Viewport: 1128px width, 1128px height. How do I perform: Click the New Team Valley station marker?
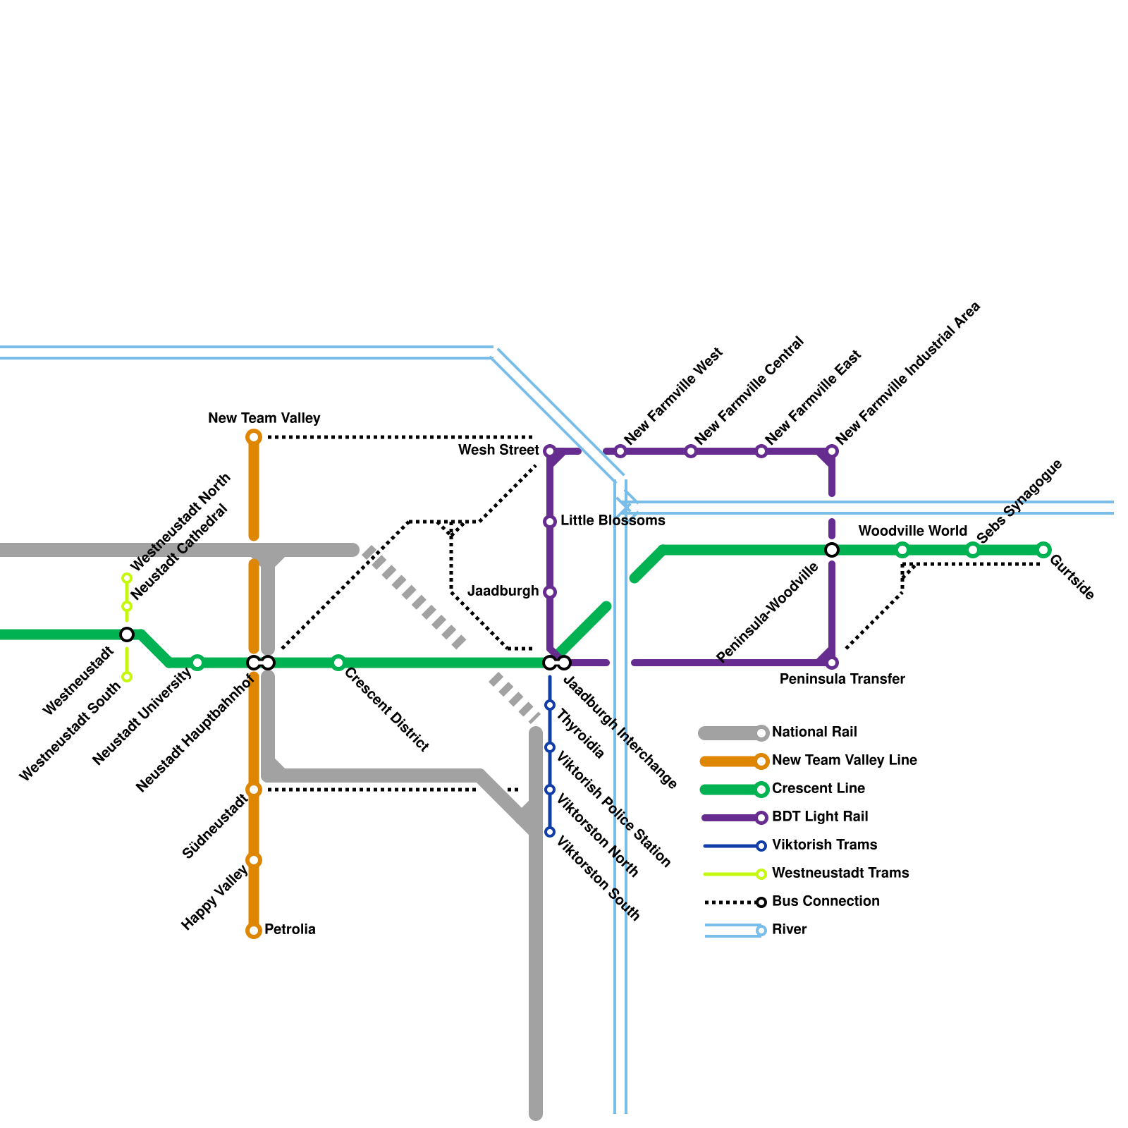(x=254, y=437)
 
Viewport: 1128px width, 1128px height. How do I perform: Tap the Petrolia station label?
(x=290, y=929)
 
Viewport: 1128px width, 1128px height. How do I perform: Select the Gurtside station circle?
(x=1043, y=550)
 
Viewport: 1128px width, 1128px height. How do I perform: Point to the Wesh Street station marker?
(x=550, y=451)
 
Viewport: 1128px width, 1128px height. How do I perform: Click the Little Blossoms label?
(x=613, y=520)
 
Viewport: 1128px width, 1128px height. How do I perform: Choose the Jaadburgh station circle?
(x=550, y=592)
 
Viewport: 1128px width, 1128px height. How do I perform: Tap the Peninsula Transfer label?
(x=842, y=679)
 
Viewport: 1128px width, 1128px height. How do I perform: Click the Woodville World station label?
(x=912, y=531)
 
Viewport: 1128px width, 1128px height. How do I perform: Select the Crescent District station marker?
(x=338, y=663)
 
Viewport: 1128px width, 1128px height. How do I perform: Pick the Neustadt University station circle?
(x=197, y=663)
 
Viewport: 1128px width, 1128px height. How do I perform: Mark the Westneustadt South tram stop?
(x=127, y=677)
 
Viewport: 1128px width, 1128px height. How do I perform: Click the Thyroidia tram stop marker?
(x=550, y=705)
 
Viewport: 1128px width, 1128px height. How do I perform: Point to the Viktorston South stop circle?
(x=550, y=832)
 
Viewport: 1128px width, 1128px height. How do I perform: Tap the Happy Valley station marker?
(x=254, y=860)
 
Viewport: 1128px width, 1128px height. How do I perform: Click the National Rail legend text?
(x=814, y=732)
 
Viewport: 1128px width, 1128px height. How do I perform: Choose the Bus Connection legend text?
(x=826, y=901)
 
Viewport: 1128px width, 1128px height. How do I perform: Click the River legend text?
(x=789, y=929)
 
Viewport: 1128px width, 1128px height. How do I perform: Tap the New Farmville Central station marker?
(x=691, y=451)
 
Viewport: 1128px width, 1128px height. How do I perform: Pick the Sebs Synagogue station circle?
(x=973, y=550)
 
